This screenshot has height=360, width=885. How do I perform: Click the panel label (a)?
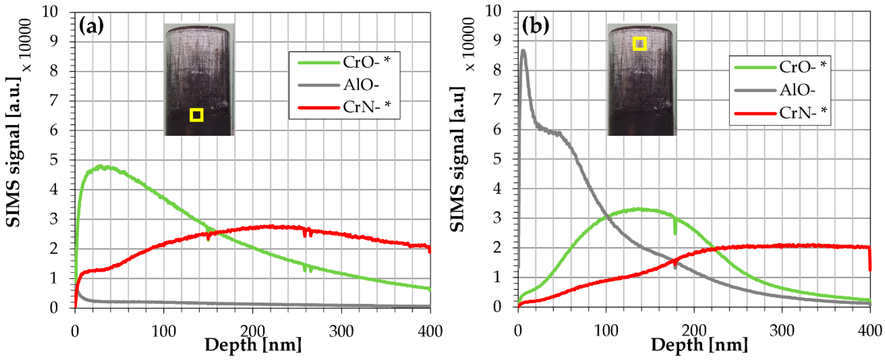(x=91, y=26)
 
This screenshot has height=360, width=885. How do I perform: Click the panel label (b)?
(x=535, y=26)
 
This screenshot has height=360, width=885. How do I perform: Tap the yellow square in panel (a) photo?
(x=196, y=115)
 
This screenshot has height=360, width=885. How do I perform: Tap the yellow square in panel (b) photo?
(x=640, y=44)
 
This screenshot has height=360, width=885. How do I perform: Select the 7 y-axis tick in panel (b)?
(x=497, y=100)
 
